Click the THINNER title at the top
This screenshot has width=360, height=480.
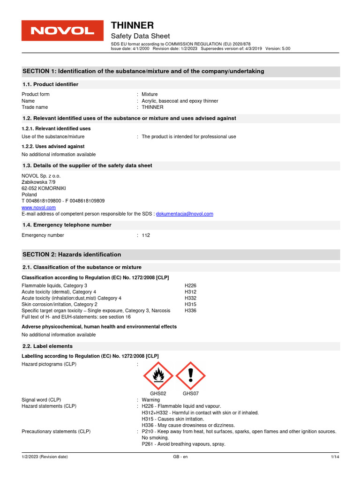(132, 25)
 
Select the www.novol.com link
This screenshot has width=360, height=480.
(39, 207)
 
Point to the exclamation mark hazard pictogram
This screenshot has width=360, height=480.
(190, 375)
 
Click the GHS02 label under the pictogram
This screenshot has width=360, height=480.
(158, 393)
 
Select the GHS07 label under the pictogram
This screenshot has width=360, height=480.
(191, 393)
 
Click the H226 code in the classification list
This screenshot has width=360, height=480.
(191, 285)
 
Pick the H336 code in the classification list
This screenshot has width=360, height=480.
(191, 311)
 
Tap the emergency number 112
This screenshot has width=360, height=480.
(146, 235)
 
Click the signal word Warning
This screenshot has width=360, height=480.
(151, 400)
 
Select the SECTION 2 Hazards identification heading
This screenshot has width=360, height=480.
(72, 255)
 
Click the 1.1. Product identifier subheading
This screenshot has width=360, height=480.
(51, 84)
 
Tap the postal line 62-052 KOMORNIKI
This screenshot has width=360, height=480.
(45, 188)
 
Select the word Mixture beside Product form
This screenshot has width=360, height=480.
(150, 94)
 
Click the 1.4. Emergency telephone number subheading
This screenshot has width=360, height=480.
(67, 225)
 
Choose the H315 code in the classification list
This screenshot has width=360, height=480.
(191, 304)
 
